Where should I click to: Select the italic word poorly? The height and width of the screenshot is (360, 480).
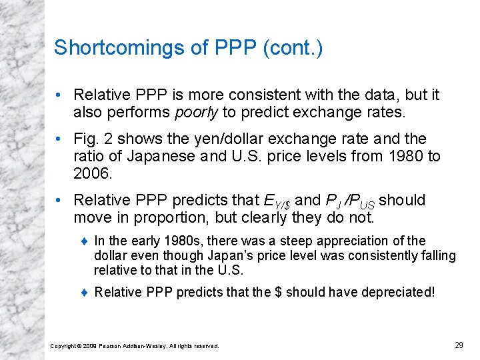pyautogui.click(x=196, y=111)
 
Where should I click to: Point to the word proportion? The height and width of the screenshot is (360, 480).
pyautogui.click(x=159, y=217)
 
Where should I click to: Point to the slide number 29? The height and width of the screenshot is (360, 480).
pyautogui.click(x=459, y=345)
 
